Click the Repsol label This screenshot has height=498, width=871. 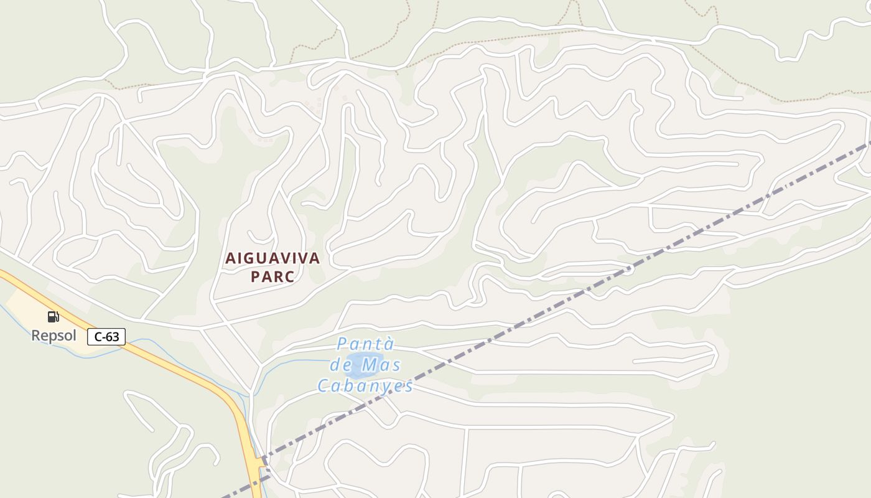point(54,336)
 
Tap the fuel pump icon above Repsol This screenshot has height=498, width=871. point(54,317)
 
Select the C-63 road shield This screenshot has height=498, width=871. point(106,337)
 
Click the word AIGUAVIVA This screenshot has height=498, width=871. point(272,258)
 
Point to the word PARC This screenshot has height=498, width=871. point(272,277)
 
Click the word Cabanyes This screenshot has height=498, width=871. point(365,387)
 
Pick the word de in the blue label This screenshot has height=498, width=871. point(343,365)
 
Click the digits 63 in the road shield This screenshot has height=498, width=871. point(112,337)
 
